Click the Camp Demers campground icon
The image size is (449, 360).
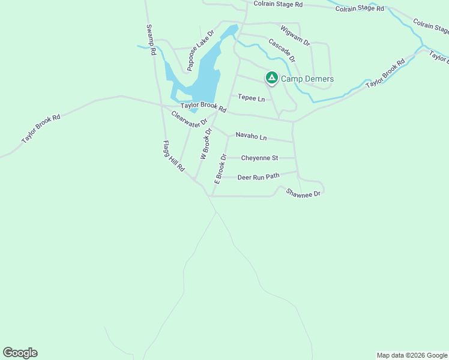271,78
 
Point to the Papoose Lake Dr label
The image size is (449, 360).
200,51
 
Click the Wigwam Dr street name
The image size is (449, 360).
295,35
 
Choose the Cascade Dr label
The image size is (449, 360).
282,50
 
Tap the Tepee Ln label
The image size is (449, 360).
251,98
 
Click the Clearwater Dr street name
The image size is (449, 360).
184,119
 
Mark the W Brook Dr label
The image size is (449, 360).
206,144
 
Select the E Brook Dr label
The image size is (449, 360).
220,169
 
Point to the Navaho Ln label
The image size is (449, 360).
251,136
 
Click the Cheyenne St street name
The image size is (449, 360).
259,158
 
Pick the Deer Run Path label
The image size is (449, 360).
259,178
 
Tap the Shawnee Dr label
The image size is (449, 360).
304,193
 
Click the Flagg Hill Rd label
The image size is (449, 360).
173,157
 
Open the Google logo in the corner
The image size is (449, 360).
20,353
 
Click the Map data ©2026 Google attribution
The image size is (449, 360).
412,355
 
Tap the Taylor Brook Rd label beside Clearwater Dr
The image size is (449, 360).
203,106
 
